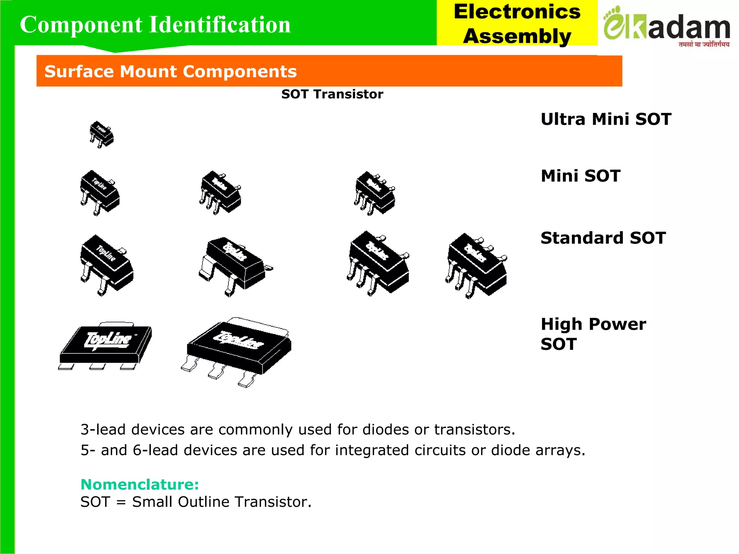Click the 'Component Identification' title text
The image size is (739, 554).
pyautogui.click(x=155, y=25)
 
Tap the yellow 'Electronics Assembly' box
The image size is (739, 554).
pyautogui.click(x=517, y=24)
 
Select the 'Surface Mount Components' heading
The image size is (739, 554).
pyautogui.click(x=170, y=71)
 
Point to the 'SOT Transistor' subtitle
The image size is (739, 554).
pyautogui.click(x=332, y=94)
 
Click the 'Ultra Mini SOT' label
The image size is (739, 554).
pyautogui.click(x=606, y=119)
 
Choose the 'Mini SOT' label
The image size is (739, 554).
pyautogui.click(x=581, y=176)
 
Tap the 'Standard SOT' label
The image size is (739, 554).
pyautogui.click(x=603, y=238)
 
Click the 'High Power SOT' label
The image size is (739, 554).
pyautogui.click(x=593, y=334)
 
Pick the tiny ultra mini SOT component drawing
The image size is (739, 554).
pyautogui.click(x=101, y=134)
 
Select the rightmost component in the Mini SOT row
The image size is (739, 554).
pyautogui.click(x=375, y=193)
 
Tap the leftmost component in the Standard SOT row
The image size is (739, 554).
pyautogui.click(x=106, y=264)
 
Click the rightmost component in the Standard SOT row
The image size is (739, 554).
pyautogui.click(x=476, y=265)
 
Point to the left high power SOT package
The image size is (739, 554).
pyautogui.click(x=105, y=345)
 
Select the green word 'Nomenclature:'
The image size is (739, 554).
pyautogui.click(x=140, y=484)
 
